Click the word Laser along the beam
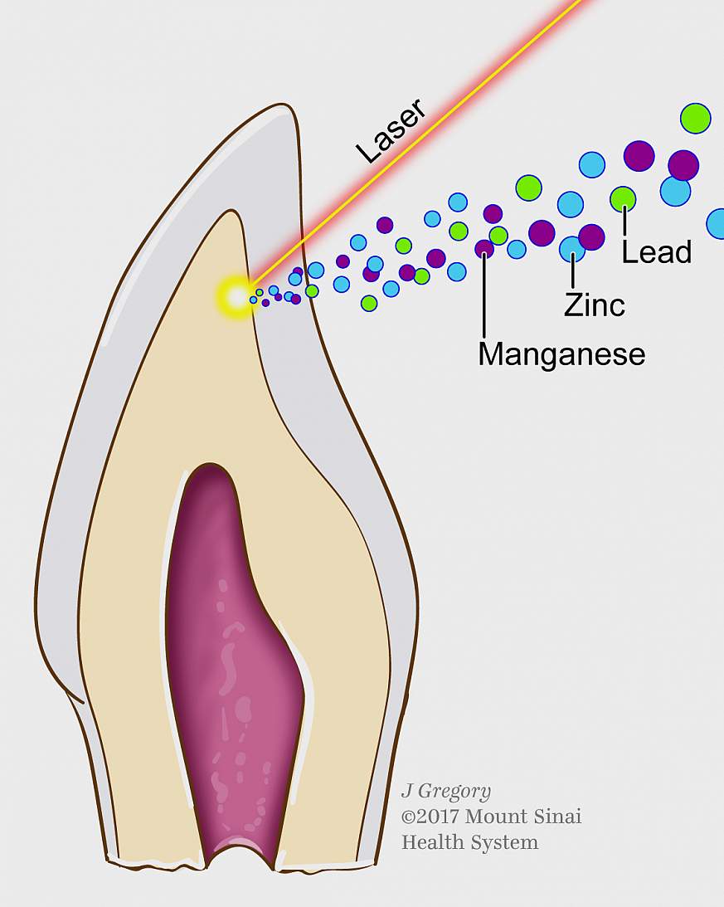pyautogui.click(x=391, y=131)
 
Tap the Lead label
pyautogui.click(x=656, y=252)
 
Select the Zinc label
pyautogui.click(x=595, y=305)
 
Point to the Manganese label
pyautogui.click(x=561, y=354)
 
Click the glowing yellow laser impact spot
pyautogui.click(x=236, y=297)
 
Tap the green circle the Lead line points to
pyautogui.click(x=623, y=199)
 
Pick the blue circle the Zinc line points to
pyautogui.click(x=572, y=249)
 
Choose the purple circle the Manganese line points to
pyautogui.click(x=484, y=249)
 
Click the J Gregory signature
pyautogui.click(x=446, y=792)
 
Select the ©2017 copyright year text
pyautogui.click(x=430, y=817)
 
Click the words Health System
pyautogui.click(x=470, y=843)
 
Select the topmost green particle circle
pyautogui.click(x=695, y=119)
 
